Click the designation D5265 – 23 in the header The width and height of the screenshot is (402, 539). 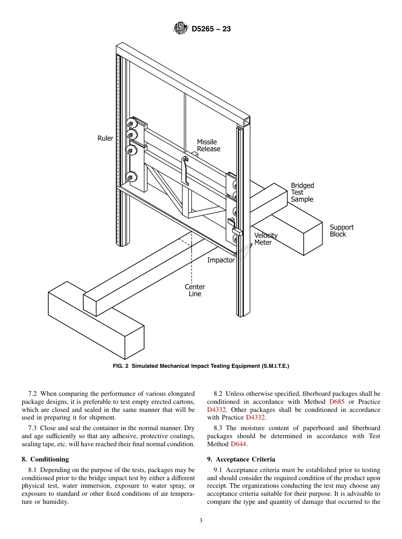211,29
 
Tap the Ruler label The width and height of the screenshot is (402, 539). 105,138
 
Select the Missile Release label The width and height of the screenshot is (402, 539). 208,145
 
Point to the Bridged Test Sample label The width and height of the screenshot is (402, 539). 302,192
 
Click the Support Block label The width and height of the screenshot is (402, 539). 341,231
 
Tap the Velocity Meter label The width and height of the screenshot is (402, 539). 265,239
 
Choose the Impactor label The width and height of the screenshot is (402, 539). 220,260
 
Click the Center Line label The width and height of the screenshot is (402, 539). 195,290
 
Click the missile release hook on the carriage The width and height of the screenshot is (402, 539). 185,169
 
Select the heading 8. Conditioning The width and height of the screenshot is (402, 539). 45,459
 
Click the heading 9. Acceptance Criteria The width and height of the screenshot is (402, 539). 241,459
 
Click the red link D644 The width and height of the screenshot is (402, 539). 238,444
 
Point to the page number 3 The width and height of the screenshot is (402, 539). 201,521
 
